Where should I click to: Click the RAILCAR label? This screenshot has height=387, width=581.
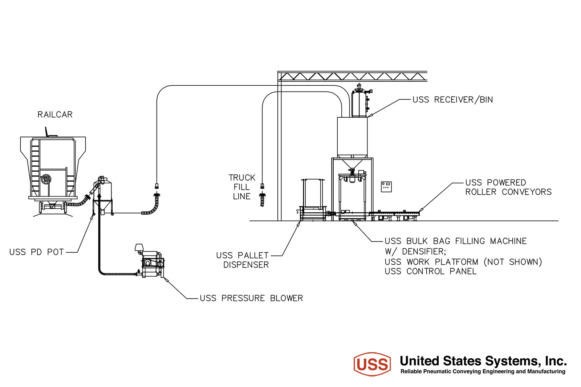55,114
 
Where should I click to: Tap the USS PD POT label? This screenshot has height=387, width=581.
36,252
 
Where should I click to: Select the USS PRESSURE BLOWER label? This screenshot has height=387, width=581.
251,298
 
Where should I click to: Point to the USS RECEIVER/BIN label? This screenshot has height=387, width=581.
452,99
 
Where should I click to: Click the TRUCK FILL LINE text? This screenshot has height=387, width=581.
242,187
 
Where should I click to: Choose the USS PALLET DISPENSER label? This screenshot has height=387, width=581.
243,260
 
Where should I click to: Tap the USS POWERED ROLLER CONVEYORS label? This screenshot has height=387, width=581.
508,187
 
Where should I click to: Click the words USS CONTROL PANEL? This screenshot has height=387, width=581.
431,271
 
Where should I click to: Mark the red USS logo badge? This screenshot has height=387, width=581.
372,364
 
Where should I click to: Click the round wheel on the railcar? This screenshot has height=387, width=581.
46,179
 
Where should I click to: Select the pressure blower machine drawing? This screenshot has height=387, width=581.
150,261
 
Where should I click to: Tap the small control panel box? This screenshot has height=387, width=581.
386,187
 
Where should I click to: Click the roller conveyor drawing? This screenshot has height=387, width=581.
394,216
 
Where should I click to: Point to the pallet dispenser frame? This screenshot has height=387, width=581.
313,200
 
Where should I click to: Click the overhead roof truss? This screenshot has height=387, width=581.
353,76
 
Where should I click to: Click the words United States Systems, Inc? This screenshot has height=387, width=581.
483,361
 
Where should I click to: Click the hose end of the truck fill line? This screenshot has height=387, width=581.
262,199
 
